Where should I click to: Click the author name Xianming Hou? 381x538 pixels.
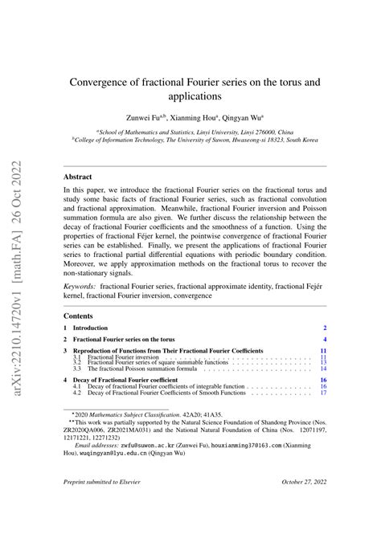coord(191,116)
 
